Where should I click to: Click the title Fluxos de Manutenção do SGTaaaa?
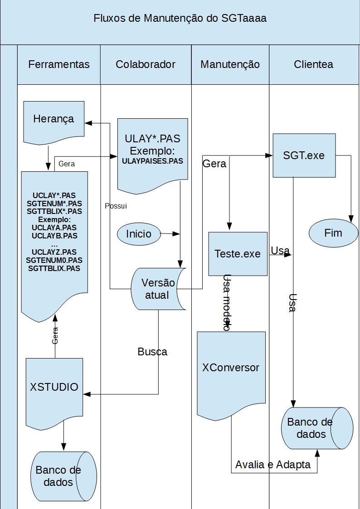pos(180,18)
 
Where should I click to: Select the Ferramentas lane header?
pos(59,64)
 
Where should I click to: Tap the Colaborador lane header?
pos(146,64)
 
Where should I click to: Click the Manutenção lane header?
pos(230,64)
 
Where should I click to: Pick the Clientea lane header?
pos(314,64)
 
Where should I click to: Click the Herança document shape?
pos(54,122)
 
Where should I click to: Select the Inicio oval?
pos(139,234)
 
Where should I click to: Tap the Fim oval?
pos(333,233)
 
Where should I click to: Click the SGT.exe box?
pos(304,155)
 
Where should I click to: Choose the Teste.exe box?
pos(238,254)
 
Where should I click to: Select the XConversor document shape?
pos(231,373)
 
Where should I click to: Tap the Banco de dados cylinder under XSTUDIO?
pos(63,476)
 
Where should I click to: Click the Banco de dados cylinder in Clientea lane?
pos(317,428)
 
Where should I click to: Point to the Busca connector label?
pos(153,352)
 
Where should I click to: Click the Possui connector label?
pos(116,206)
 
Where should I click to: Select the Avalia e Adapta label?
pos(273,465)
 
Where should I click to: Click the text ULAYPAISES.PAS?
pos(153,161)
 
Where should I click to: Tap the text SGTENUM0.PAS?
pos(54,260)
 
